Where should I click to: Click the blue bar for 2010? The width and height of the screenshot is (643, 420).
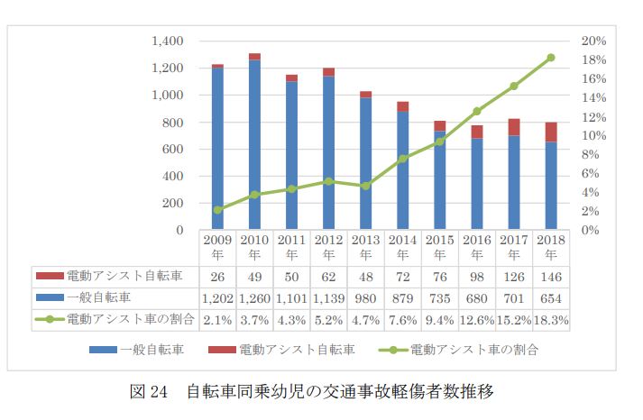[254, 144]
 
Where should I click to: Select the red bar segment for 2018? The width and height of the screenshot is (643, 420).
[550, 132]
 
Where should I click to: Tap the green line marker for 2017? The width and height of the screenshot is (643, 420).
[513, 87]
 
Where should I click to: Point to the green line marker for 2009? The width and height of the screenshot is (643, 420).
[217, 210]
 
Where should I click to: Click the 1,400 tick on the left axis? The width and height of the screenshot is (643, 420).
[168, 41]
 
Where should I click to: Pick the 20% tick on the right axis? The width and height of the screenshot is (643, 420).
[592, 41]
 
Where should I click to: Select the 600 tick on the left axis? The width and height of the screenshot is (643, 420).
[172, 150]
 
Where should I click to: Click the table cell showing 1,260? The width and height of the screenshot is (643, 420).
[254, 297]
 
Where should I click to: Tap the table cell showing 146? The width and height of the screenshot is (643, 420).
[550, 276]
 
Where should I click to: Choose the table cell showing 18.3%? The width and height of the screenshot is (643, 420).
[550, 319]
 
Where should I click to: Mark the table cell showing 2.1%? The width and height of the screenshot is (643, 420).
[217, 319]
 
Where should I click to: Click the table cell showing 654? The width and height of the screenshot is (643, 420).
[550, 297]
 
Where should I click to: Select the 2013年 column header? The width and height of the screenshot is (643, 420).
[365, 247]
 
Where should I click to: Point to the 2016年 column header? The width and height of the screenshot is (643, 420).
[476, 247]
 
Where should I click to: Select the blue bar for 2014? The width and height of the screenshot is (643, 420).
[402, 171]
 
